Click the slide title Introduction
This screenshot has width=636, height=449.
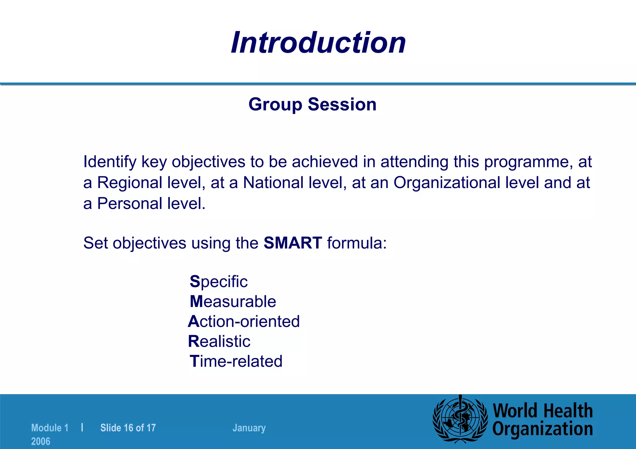[x=318, y=43]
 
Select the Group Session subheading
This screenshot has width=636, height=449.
[x=312, y=104]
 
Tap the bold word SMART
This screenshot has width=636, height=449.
[x=293, y=243]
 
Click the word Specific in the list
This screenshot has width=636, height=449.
[x=219, y=282]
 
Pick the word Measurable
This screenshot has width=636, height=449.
[x=233, y=302]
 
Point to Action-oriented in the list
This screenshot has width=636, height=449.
[x=244, y=321]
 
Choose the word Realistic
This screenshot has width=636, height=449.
[x=219, y=341]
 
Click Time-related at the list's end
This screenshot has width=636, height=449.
[x=236, y=361]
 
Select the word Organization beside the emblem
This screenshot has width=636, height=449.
[x=543, y=429]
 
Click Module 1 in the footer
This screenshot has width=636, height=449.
[x=50, y=428]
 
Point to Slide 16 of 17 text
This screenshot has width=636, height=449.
[x=128, y=428]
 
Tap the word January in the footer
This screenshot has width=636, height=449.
[x=249, y=428]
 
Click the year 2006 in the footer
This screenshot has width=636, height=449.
[x=41, y=441]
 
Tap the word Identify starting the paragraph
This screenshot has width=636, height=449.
[x=110, y=162]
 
